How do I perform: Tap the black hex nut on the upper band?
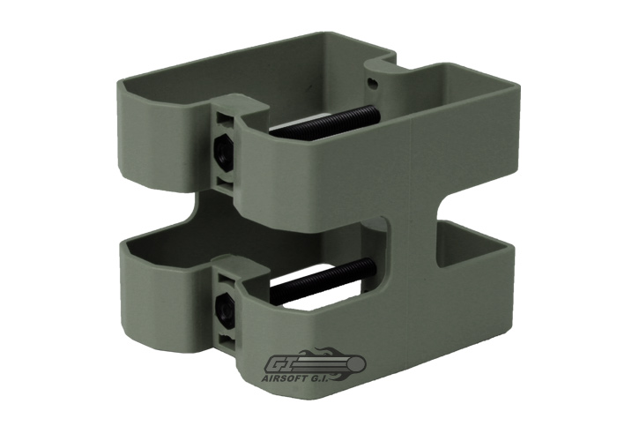223,149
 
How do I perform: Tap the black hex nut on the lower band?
223,307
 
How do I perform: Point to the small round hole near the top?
371,83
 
